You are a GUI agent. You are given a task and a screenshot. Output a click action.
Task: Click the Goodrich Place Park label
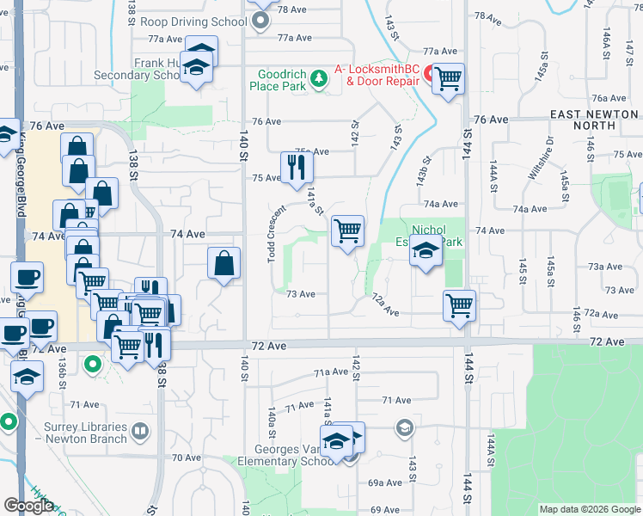(x=277, y=80)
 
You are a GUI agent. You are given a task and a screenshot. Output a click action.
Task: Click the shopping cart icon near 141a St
(x=347, y=230)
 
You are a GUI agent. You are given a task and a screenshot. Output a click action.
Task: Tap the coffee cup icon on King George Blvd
(x=26, y=277)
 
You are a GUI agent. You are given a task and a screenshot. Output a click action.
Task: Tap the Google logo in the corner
(x=29, y=506)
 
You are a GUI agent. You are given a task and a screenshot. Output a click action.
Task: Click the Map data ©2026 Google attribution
(x=590, y=509)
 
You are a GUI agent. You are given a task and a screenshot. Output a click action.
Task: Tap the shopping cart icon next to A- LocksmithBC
(x=448, y=79)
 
